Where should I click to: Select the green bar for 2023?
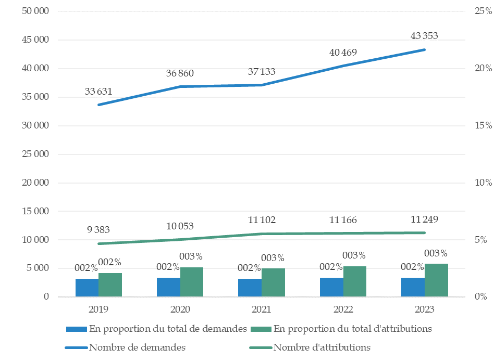(x=436, y=280)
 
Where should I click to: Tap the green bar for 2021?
(x=273, y=282)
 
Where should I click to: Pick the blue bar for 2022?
(x=331, y=287)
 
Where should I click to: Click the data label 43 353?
(x=424, y=36)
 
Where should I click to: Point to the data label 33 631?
(x=98, y=92)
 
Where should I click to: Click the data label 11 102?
(x=262, y=220)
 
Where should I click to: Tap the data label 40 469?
(x=343, y=52)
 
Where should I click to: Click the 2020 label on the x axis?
(x=180, y=309)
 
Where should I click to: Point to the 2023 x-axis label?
(x=425, y=309)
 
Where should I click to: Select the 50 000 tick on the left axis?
(x=35, y=11)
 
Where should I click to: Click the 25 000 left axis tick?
(x=35, y=154)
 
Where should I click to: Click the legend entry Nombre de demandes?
(x=137, y=347)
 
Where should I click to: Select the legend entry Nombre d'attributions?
(x=322, y=347)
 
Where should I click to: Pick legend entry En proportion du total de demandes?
(x=168, y=328)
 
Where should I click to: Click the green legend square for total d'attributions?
(x=262, y=329)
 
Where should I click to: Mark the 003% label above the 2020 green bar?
(x=191, y=256)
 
